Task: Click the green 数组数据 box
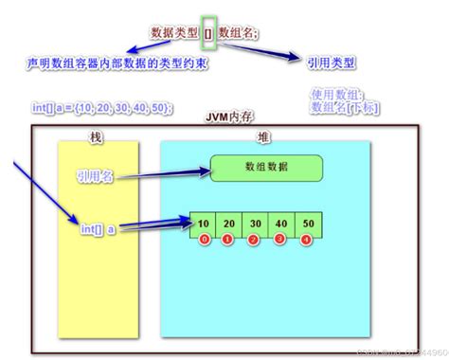point(267,167)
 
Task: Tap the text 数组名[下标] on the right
point(344,106)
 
